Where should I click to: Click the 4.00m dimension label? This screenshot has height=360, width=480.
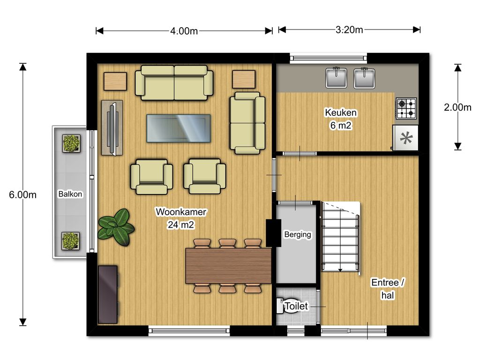(x=184, y=31)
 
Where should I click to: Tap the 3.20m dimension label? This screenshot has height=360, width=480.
(x=349, y=30)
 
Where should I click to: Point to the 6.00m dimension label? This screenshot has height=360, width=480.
(x=22, y=195)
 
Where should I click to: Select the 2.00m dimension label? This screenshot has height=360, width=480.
(x=457, y=107)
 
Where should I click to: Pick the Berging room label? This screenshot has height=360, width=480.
(x=298, y=234)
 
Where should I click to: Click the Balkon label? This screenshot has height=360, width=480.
(x=70, y=194)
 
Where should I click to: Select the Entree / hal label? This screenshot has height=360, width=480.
(x=388, y=288)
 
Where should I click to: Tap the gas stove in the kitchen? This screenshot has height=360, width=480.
(x=406, y=108)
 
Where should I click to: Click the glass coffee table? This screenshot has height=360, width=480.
(x=179, y=128)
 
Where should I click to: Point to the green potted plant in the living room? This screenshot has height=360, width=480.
(x=116, y=227)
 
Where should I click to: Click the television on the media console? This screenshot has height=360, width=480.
(x=112, y=128)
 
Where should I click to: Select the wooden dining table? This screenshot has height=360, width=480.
(x=228, y=266)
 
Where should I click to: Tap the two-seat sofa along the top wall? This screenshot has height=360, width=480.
(x=174, y=82)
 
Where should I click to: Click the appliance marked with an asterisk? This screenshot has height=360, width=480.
(x=405, y=138)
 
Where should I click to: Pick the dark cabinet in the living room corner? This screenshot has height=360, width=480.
(x=108, y=294)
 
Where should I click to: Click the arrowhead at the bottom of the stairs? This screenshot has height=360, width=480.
(x=340, y=270)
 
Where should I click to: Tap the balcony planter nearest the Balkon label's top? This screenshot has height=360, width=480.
(x=71, y=143)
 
